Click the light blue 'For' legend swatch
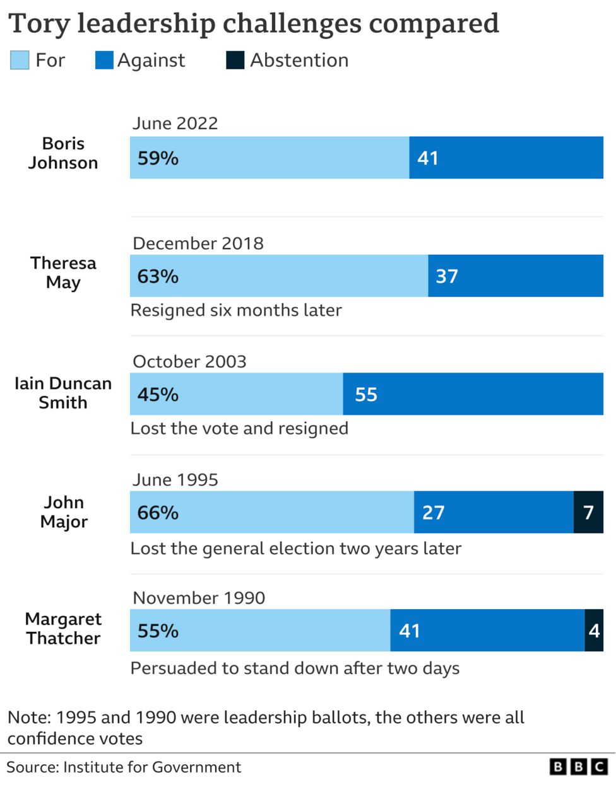(x=20, y=61)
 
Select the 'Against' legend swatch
(x=104, y=61)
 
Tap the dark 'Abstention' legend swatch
(x=235, y=61)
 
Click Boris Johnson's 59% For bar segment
(x=269, y=158)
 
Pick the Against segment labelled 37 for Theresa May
(x=515, y=276)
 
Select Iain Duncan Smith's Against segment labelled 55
(x=473, y=394)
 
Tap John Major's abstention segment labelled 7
(x=588, y=512)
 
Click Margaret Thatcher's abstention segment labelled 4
(x=594, y=631)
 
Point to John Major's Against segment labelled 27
(x=494, y=512)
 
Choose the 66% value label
(x=158, y=513)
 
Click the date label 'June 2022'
(x=175, y=123)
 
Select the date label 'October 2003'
(x=189, y=361)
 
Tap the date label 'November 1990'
(x=199, y=598)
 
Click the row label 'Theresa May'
(x=63, y=272)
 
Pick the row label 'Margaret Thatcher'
(x=63, y=629)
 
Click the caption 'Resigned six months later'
(x=236, y=310)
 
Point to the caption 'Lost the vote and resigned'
(x=239, y=429)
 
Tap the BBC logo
(x=578, y=767)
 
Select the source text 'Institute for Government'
(x=152, y=767)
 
